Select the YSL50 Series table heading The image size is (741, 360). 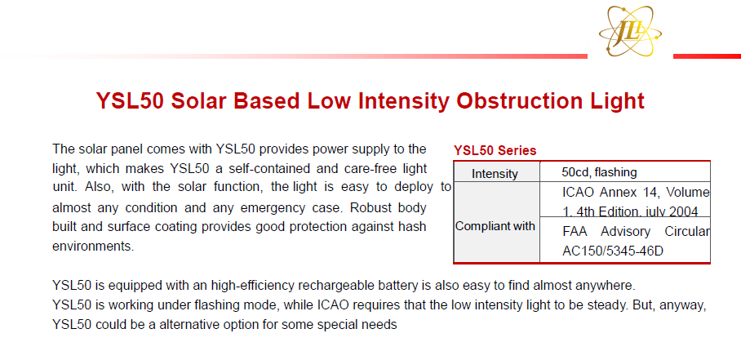click(x=495, y=151)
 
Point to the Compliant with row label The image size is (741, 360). click(x=495, y=226)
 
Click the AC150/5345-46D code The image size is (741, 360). click(x=612, y=251)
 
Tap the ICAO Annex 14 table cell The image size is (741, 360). click(x=625, y=199)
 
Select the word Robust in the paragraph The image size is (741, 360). click(x=371, y=208)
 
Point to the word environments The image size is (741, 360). click(x=93, y=247)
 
